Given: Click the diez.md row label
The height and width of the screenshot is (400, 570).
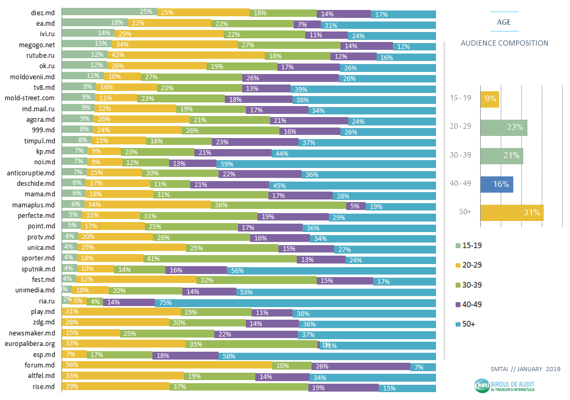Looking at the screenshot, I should tap(43, 12).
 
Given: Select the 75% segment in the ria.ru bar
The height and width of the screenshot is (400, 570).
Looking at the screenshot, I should tap(295, 302).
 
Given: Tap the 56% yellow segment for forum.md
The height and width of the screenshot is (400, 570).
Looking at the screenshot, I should tap(167, 366).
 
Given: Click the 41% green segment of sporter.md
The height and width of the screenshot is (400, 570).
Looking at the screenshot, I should tap(220, 258).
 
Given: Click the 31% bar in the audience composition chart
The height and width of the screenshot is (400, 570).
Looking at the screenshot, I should tap(512, 213).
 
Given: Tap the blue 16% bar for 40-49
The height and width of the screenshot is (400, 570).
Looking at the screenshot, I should tap(496, 184).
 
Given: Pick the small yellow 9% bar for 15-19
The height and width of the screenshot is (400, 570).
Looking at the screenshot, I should tap(490, 99).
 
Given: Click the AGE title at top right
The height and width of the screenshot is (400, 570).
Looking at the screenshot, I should tap(504, 22).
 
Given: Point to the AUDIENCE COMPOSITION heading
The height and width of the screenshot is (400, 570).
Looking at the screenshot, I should tap(504, 43).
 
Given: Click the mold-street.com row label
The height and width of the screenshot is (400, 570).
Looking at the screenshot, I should tap(29, 98).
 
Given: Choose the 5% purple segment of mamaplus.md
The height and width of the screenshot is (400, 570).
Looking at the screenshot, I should tap(355, 205).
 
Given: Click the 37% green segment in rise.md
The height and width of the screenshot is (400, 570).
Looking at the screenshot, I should tap(239, 388).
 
